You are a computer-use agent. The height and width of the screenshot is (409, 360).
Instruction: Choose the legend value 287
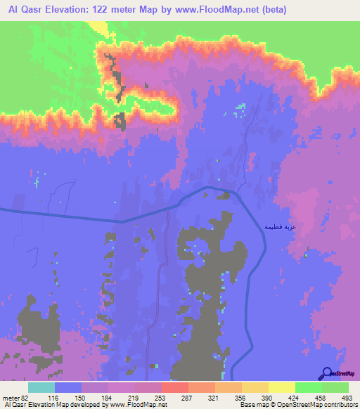click(188, 398)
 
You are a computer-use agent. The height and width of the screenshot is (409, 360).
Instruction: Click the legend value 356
click(241, 398)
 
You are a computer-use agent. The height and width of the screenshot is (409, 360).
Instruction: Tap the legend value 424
click(295, 398)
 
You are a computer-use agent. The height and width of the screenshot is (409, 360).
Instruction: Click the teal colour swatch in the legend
click(41, 387)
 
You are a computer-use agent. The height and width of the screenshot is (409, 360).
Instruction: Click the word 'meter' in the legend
click(10, 398)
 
